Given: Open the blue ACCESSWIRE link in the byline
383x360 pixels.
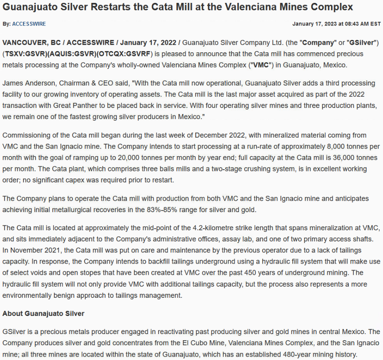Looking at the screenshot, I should click(x=29, y=24).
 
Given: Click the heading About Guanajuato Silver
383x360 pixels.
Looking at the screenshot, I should click(x=43, y=313).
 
